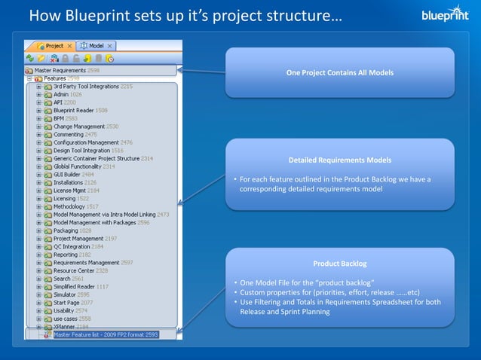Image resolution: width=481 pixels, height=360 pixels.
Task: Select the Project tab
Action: (x=54, y=46)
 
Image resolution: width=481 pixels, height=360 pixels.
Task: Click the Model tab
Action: (x=96, y=46)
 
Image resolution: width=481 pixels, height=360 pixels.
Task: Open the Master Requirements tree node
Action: (x=60, y=70)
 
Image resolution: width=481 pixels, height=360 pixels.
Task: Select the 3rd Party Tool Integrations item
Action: (x=86, y=87)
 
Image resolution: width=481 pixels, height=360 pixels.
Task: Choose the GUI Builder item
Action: (x=67, y=174)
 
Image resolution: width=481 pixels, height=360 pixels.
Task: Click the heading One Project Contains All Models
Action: (x=339, y=73)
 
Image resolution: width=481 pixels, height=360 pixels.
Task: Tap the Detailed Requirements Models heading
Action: (x=339, y=160)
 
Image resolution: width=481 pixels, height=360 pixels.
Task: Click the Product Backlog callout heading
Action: (x=339, y=264)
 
